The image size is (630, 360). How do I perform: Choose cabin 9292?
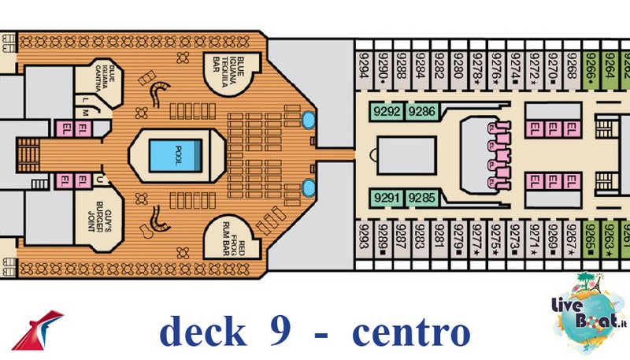pyautogui.click(x=387, y=112)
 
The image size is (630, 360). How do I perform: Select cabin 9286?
pyautogui.click(x=423, y=112)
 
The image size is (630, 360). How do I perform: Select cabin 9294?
pyautogui.click(x=365, y=66)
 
